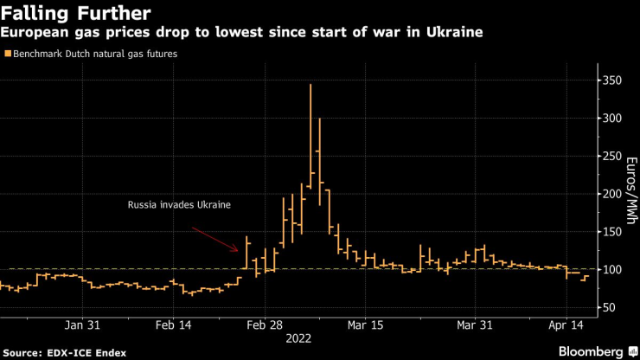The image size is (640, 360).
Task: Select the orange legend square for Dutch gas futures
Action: pyautogui.click(x=8, y=54)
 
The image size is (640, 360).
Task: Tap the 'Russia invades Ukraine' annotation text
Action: pyautogui.click(x=179, y=205)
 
